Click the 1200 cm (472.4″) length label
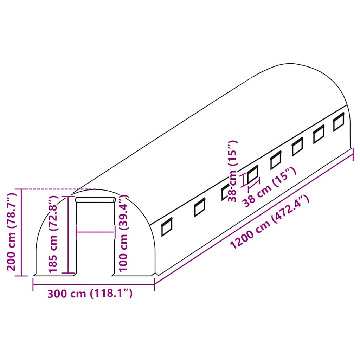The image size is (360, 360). click(x=270, y=223)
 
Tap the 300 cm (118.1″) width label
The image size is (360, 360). click(x=90, y=293)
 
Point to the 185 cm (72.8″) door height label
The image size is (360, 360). click(x=53, y=235)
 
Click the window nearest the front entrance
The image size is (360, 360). click(x=167, y=227)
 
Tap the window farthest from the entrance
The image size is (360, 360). click(x=339, y=122)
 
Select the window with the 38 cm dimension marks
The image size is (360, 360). click(x=252, y=174)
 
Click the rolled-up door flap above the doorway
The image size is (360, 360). click(x=96, y=200)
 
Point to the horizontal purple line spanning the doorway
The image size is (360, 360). click(x=96, y=232)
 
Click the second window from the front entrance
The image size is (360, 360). click(x=200, y=208)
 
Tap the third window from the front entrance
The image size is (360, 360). click(x=226, y=192)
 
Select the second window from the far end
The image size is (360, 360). click(x=319, y=134)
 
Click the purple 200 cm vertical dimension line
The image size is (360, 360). click(x=21, y=232)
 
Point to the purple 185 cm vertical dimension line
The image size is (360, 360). click(x=68, y=235)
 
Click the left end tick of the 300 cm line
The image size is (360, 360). click(x=33, y=284)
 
